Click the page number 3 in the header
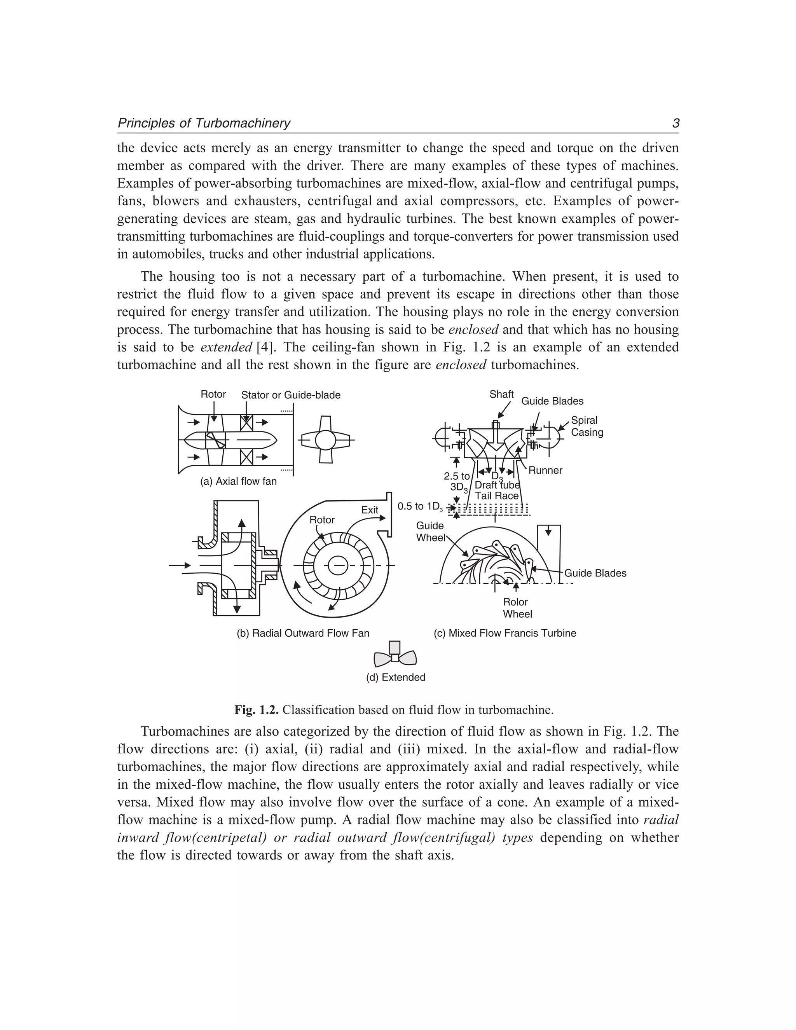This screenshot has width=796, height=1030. click(x=675, y=124)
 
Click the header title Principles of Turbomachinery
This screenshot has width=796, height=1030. click(x=204, y=124)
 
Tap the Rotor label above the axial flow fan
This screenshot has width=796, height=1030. click(x=213, y=394)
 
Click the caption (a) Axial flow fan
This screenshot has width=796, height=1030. click(x=238, y=482)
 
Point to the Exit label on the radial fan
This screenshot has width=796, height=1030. click(x=369, y=510)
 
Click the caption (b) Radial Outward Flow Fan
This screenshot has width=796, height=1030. click(x=303, y=633)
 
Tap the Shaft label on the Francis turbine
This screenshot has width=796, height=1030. click(x=501, y=394)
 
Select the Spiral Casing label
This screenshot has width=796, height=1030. click(x=586, y=426)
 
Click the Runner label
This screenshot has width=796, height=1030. click(x=545, y=470)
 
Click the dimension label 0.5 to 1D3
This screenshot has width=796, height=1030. click(x=420, y=506)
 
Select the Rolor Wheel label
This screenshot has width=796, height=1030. click(x=517, y=608)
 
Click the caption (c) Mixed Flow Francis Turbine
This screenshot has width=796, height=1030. click(x=504, y=633)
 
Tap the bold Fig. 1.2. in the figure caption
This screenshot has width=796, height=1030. click(x=257, y=710)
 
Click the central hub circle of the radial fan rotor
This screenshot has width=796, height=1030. click(x=338, y=565)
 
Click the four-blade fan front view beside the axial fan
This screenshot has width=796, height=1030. click(x=325, y=440)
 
